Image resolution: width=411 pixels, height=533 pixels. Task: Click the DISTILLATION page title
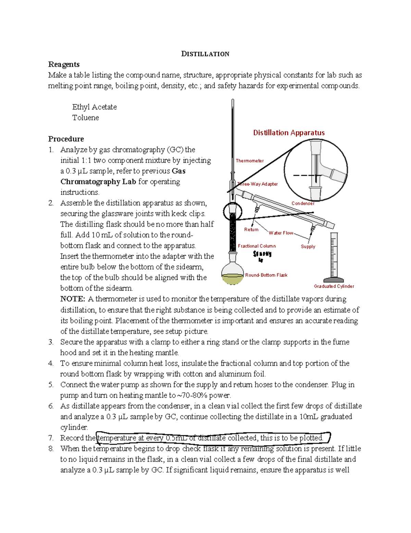coord(205,54)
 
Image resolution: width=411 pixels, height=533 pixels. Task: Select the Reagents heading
coord(64,64)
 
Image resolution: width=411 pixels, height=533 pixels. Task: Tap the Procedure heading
coord(66,139)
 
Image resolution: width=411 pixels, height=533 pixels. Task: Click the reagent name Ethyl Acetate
coord(94,107)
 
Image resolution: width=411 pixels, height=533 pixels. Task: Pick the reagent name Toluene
coord(85,117)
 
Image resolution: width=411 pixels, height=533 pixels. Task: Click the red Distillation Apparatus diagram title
coord(289,132)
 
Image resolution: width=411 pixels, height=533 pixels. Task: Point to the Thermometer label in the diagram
coord(249,161)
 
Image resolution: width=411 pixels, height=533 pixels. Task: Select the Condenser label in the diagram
coord(303,203)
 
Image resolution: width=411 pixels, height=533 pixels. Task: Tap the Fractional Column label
coord(257,246)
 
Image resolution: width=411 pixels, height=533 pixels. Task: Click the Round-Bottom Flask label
coord(266,275)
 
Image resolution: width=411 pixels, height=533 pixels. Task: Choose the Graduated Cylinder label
coord(334,286)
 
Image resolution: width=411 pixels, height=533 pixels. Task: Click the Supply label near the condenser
coord(308,246)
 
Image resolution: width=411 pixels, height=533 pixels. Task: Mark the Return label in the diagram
coord(251,229)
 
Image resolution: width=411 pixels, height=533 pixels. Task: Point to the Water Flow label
coord(281,233)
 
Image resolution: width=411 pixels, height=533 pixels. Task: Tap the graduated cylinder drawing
coord(334,257)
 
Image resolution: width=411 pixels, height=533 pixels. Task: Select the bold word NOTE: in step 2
coord(72,299)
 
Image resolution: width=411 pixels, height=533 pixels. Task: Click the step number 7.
coord(51,438)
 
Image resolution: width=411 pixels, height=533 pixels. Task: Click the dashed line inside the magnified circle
coord(307,175)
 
